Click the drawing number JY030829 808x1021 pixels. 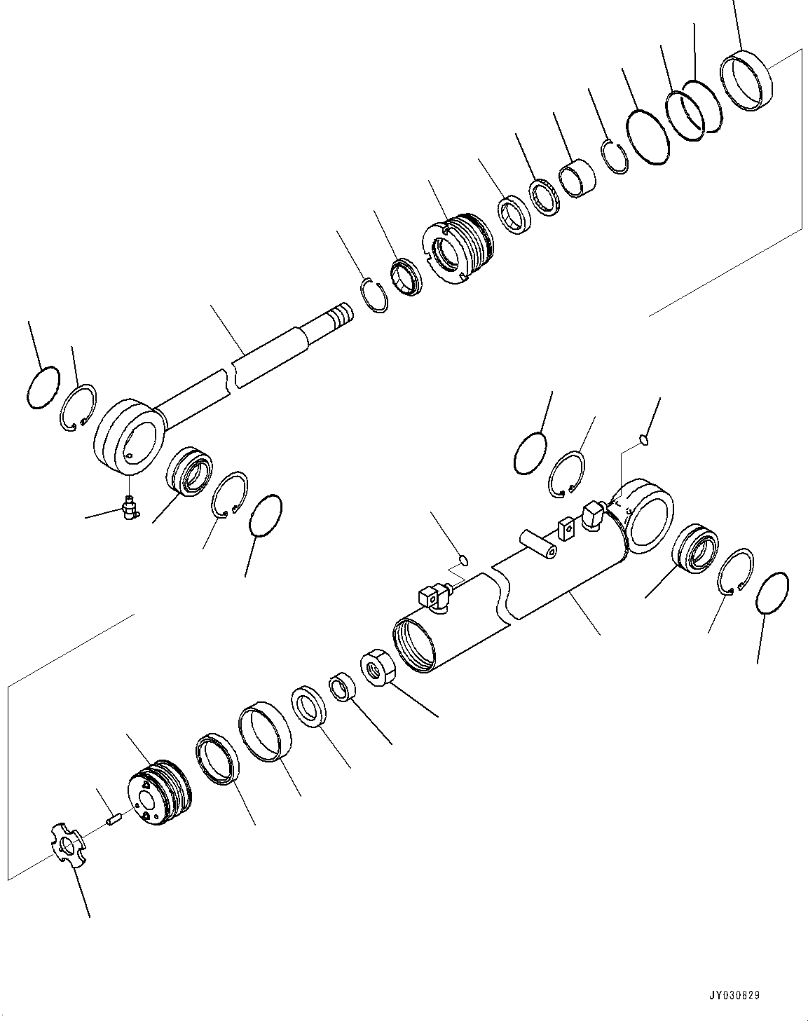pyautogui.click(x=734, y=995)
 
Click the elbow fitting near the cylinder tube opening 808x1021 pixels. pyautogui.click(x=430, y=599)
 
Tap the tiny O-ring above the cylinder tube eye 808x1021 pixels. pyautogui.click(x=643, y=440)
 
